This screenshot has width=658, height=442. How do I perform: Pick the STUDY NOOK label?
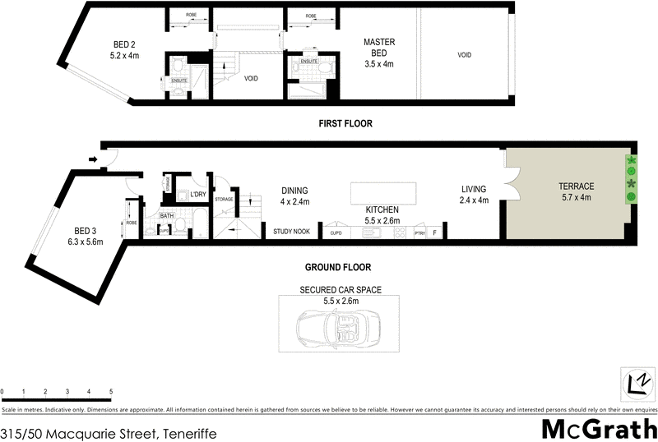click(x=292, y=233)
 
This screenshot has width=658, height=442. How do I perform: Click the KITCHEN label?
click(x=382, y=210)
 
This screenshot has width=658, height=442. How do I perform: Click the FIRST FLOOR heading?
click(x=346, y=124)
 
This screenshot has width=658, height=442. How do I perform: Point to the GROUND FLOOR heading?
click(x=338, y=267)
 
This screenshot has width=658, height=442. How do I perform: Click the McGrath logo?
click(x=597, y=429)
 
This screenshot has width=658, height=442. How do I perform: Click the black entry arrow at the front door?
click(x=93, y=159)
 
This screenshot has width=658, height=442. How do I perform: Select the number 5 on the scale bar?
click(x=110, y=392)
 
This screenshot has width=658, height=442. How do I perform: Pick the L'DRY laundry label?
click(x=197, y=195)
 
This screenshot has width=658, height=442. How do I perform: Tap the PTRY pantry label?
click(x=419, y=233)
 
